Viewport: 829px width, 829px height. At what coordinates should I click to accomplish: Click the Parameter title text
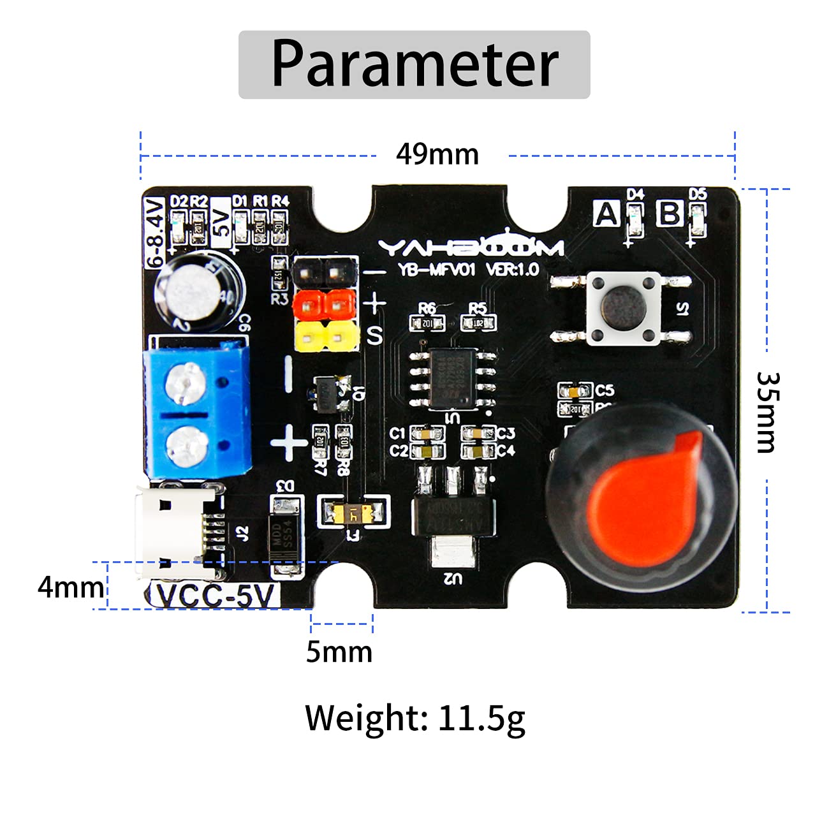tap(414, 64)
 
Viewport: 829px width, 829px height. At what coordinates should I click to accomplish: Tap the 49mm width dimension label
tap(437, 154)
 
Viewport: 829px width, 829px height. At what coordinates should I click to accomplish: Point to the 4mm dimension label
tap(70, 587)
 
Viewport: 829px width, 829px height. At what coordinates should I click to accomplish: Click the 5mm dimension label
tap(339, 652)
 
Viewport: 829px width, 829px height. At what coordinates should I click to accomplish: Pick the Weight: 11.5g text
tap(415, 718)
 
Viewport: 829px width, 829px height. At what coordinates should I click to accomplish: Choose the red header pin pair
tap(323, 304)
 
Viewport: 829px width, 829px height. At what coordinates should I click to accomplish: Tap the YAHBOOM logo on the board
tap(470, 247)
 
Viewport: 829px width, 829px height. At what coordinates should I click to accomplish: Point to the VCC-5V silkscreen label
tap(216, 596)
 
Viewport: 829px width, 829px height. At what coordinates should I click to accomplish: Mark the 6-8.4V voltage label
tap(154, 232)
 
